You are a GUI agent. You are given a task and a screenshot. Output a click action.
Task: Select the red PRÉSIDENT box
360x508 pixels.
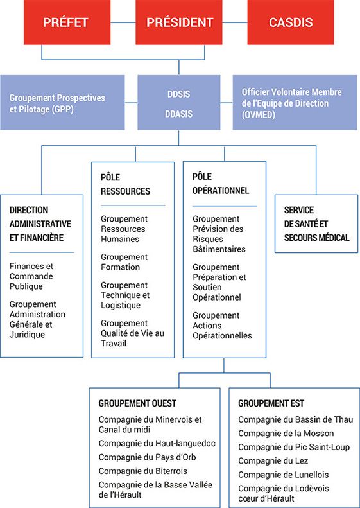point(178,22)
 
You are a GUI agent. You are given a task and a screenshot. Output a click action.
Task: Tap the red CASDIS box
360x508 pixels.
point(291,22)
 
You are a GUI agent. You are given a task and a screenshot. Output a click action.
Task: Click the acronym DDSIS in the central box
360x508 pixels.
point(178,94)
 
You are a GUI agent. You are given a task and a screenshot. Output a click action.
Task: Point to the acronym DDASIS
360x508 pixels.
point(178,114)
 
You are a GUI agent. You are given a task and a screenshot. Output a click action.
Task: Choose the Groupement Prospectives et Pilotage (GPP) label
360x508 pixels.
point(57,103)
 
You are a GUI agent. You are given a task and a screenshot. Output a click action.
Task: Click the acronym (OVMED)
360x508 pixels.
point(259,116)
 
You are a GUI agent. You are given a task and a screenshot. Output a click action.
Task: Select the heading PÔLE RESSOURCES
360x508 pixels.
point(125,184)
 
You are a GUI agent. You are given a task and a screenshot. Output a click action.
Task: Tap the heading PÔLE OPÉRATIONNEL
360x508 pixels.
point(221,184)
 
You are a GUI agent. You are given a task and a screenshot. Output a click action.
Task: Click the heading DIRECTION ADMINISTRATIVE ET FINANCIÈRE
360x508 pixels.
point(40,224)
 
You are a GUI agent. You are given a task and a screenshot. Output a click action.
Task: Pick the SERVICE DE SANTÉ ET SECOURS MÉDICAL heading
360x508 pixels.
point(316,224)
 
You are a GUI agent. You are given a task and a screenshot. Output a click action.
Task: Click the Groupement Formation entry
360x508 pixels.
point(124,262)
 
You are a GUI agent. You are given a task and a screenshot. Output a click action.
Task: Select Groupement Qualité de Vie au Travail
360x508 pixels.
point(132,333)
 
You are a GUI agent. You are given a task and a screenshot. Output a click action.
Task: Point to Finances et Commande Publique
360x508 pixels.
point(31,276)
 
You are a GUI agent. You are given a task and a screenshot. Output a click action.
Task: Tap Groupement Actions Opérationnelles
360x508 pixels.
point(222,326)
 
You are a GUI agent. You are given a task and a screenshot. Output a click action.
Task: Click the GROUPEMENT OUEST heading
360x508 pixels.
point(137,403)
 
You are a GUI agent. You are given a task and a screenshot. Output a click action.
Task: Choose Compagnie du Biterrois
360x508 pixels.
point(142,470)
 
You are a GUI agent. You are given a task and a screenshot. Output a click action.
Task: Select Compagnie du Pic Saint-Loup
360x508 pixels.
point(294,448)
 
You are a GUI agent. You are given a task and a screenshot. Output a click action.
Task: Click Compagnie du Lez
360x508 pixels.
point(273,460)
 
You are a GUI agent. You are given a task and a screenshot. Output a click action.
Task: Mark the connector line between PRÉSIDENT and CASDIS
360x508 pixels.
point(235,22)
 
